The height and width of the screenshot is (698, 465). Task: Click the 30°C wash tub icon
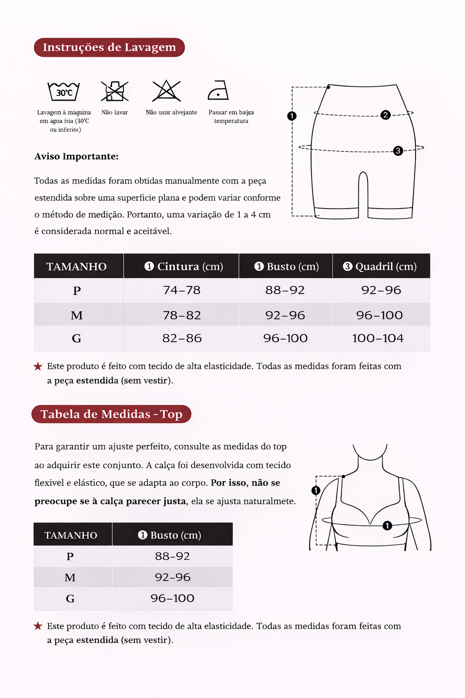click(x=64, y=91)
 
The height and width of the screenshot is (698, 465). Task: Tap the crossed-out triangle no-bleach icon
click(x=167, y=90)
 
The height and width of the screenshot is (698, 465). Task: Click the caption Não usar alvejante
click(x=171, y=112)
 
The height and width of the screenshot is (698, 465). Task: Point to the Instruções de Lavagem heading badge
click(x=109, y=47)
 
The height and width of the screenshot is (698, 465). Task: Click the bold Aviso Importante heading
click(x=76, y=156)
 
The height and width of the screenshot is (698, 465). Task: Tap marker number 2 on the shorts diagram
click(x=386, y=115)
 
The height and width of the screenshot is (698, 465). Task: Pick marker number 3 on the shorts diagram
click(x=398, y=150)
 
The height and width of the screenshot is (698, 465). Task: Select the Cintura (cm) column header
click(x=183, y=266)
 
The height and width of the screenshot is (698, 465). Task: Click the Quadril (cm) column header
click(x=380, y=266)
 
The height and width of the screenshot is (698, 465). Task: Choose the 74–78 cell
click(x=182, y=290)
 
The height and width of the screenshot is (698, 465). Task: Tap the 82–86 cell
click(x=182, y=338)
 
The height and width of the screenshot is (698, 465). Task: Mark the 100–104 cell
click(x=378, y=338)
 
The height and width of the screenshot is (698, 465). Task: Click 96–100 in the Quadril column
click(x=379, y=315)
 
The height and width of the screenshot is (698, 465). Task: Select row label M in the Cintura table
click(x=77, y=315)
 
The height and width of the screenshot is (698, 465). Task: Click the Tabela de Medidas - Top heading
click(x=111, y=414)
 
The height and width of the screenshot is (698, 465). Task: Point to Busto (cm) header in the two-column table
click(x=169, y=535)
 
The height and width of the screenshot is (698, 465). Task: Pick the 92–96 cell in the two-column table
click(x=173, y=577)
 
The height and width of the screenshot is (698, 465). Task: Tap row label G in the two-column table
click(x=70, y=598)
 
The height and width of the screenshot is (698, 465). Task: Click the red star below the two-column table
click(x=38, y=626)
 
